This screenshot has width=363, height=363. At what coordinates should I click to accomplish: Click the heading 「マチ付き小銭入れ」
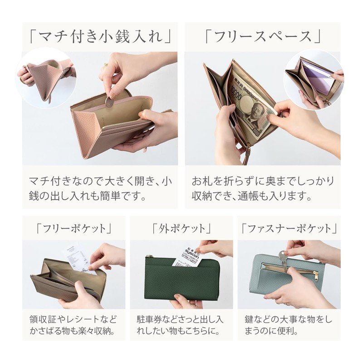100,36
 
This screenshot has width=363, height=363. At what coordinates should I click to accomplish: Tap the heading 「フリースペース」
263,36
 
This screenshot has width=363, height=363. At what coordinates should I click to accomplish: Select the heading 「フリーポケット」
74,229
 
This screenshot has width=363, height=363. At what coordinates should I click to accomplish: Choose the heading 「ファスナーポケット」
289,229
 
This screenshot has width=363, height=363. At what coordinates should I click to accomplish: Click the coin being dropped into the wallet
110,102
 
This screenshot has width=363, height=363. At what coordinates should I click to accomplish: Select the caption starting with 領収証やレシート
73,325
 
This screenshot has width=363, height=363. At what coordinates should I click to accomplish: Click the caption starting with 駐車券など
180,325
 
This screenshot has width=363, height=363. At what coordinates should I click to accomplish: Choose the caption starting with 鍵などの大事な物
288,325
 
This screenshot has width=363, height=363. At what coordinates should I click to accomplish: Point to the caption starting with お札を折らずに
263,188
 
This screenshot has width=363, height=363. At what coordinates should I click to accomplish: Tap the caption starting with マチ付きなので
100,188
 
